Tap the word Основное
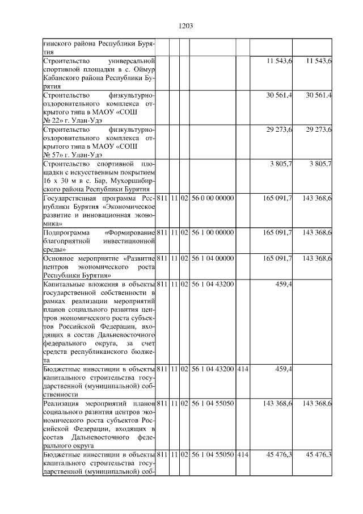tap(60, 258)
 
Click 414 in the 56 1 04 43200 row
tap(243, 369)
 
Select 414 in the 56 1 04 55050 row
tap(243, 454)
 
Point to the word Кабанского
tap(63, 78)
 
